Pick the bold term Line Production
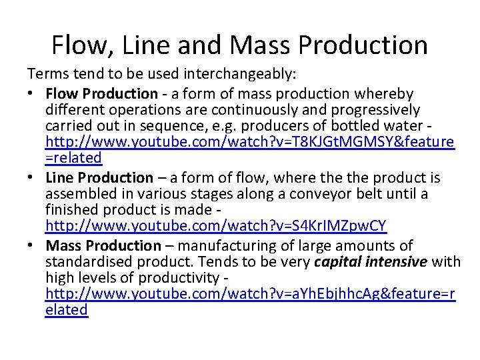(x=99, y=177)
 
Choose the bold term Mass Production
(x=103, y=246)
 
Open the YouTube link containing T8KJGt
(x=250, y=142)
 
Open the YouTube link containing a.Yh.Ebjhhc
(x=250, y=295)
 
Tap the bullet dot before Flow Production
(x=34, y=93)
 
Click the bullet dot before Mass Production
(x=34, y=246)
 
